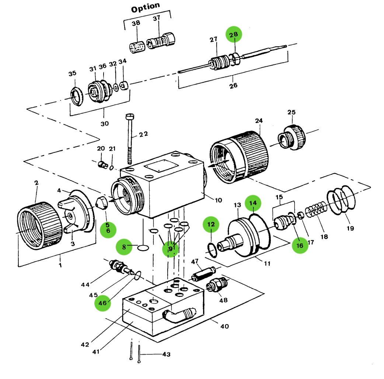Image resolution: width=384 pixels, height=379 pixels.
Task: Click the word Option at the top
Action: click(146, 7)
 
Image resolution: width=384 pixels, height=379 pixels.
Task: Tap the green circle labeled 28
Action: click(234, 35)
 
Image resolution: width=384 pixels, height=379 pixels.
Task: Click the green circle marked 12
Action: click(210, 224)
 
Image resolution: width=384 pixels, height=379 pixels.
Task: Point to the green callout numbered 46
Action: click(102, 303)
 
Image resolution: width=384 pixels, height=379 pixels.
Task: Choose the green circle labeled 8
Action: click(124, 247)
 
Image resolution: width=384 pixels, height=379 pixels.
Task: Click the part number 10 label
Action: click(218, 200)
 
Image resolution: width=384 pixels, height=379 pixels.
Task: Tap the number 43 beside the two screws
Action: click(166, 354)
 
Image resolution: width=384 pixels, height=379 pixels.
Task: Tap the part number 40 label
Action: click(224, 326)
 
